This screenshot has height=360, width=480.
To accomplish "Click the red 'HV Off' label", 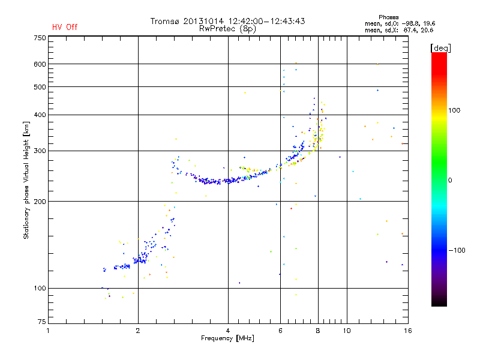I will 65,27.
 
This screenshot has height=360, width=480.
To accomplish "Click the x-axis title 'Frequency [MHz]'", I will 227,338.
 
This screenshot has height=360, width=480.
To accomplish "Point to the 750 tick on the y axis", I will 40,38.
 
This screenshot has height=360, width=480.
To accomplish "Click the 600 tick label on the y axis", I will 40,64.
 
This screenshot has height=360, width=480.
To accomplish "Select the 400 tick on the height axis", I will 40,115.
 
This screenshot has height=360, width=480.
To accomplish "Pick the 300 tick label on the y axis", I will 40,151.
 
